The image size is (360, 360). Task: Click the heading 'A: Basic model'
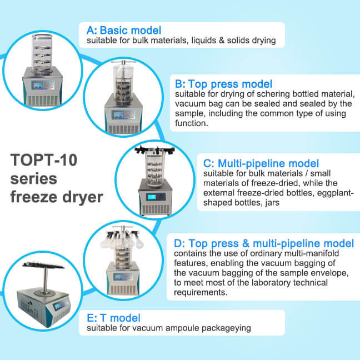124,31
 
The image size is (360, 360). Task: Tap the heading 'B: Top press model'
223,84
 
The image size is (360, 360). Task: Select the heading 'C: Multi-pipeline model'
261,163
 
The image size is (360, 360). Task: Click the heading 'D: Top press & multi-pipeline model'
264,243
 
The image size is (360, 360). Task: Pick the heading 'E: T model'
113,318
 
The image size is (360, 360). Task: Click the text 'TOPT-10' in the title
44,160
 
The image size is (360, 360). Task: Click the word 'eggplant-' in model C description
335,193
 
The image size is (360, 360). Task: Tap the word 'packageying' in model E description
226,328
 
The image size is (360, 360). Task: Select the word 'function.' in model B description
192,123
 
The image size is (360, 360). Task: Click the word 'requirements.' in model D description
201,292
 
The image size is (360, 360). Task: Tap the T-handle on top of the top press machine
123,62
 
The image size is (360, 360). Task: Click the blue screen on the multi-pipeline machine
152,197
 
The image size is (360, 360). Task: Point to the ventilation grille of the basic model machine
42,101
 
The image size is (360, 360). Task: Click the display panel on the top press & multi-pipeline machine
123,277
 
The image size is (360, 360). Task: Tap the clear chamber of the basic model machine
42,53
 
